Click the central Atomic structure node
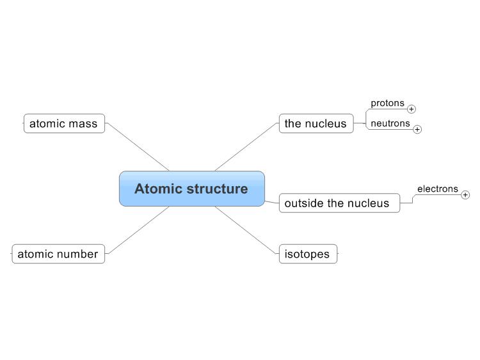[x=192, y=189]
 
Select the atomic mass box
[x=64, y=123]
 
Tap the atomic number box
[x=58, y=254]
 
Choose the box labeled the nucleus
[x=316, y=123]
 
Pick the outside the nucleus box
[x=339, y=203]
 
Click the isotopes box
[x=308, y=254]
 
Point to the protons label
[x=388, y=104]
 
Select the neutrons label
[x=390, y=123]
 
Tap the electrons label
[x=438, y=189]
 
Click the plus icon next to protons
[x=412, y=109]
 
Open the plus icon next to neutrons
[x=417, y=129]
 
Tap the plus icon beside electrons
[x=465, y=195]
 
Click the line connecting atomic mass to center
[x=138, y=147]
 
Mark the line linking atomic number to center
[x=138, y=230]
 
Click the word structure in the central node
[x=217, y=189]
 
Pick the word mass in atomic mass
[x=83, y=124]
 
